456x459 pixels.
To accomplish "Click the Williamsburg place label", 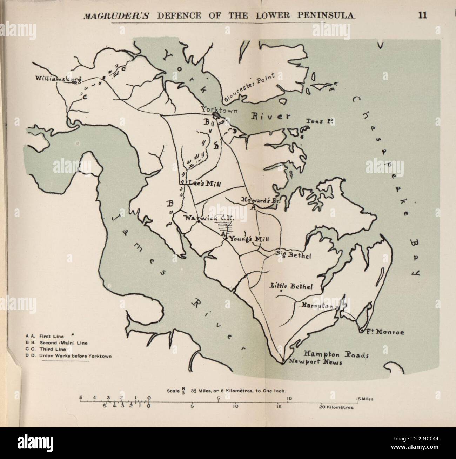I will coord(58,79).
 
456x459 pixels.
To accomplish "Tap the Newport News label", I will coord(315,362).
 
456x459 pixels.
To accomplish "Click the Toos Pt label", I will coord(319,122).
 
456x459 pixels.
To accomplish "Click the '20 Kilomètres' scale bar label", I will coord(336,408).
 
